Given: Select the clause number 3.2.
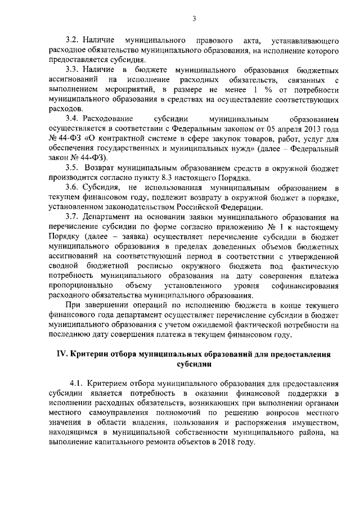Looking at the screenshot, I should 73,41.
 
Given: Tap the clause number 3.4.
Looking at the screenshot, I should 73,119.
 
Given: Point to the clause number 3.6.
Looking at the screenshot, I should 73,186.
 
